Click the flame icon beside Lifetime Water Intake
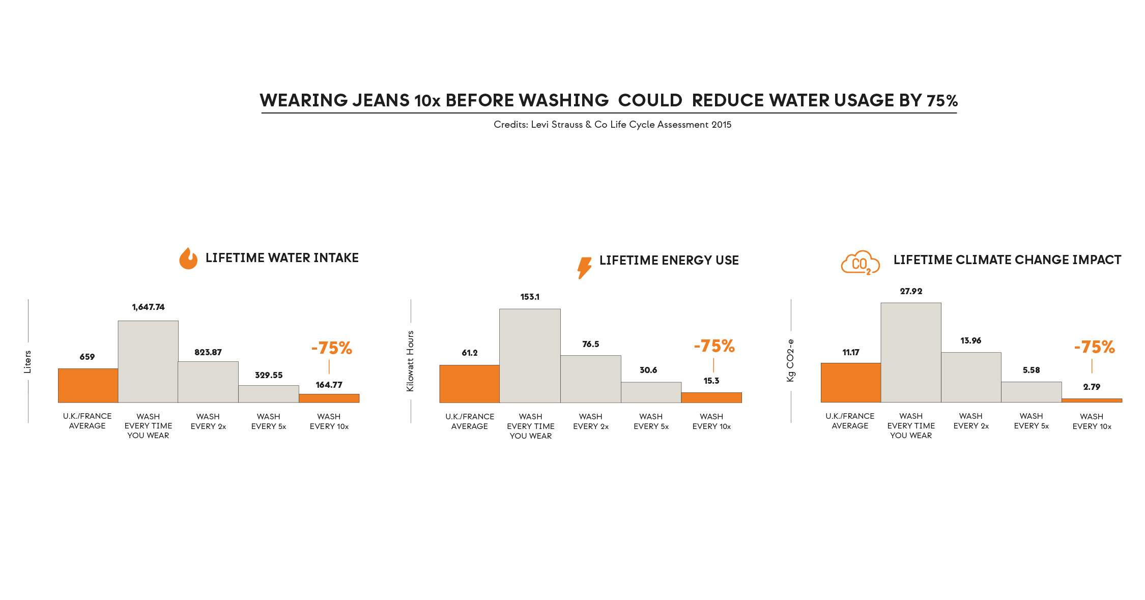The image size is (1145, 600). pos(188,259)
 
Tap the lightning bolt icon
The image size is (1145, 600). pos(584,267)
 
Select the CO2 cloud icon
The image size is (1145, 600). pos(860,263)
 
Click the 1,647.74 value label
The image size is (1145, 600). pos(148,307)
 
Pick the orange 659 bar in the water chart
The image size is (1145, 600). pos(88,385)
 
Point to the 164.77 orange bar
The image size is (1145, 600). pos(329,398)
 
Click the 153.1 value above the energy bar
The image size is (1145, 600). pos(530,297)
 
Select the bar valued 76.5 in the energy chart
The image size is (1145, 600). pos(590,379)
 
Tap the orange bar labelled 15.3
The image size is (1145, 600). pos(711,397)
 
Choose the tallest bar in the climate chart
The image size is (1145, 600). pos(910,352)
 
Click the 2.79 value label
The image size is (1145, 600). pos(1092,387)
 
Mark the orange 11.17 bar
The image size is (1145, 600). pos(850,382)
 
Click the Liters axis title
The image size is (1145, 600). pos(28,361)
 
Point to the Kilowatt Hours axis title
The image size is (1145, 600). pos(410,361)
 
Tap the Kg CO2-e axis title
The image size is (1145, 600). pos(790,360)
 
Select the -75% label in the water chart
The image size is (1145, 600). pos(332,348)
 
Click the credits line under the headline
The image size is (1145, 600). pos(612,125)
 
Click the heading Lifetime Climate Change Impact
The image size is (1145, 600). pos(1007,260)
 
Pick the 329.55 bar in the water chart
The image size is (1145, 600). pos(268,393)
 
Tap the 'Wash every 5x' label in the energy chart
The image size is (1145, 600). pos(651,421)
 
